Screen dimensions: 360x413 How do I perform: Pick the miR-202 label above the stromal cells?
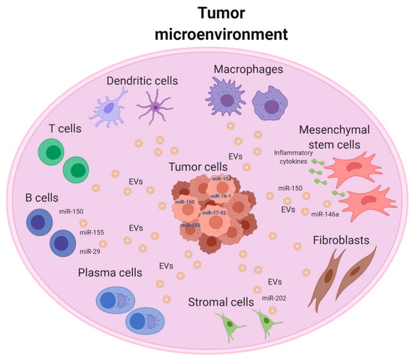(273, 298)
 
